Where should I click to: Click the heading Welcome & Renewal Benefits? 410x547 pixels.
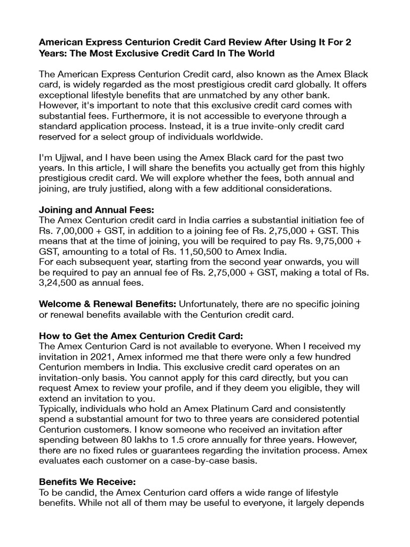pos(108,304)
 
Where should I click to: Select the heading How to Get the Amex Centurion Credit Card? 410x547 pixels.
pos(141,335)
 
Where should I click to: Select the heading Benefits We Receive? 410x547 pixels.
pos(86,481)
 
